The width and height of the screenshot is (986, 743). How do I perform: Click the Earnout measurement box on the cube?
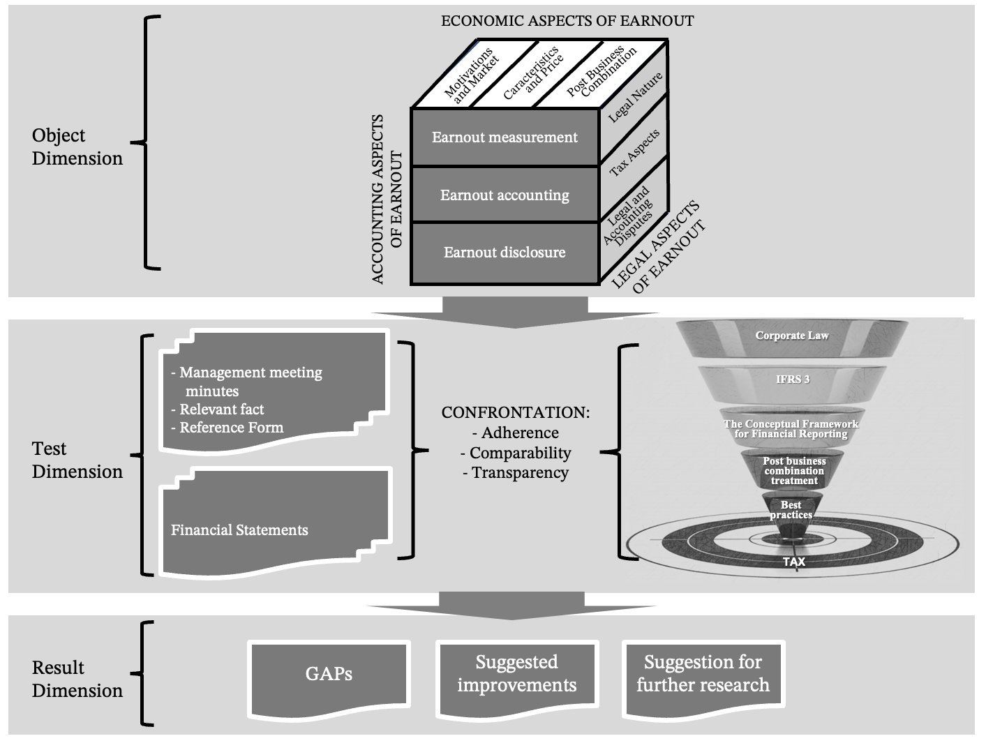pos(505,137)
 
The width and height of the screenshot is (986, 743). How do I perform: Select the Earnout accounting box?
pos(505,195)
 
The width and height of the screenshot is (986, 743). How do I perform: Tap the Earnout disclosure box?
pos(505,253)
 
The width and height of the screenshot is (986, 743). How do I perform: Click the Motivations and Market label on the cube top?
pos(472,75)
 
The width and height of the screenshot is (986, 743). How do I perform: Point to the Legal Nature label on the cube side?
pos(634,98)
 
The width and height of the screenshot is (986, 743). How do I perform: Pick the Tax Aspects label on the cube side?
pos(634,153)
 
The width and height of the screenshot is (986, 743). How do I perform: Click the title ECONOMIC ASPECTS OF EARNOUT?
pos(567,21)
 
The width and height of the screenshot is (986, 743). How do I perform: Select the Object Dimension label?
pos(77,147)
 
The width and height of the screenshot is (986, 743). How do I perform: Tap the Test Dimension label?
pos(77,460)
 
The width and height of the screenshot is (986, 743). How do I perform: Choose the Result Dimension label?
pos(77,679)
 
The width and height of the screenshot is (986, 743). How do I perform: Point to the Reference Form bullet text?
pos(231,428)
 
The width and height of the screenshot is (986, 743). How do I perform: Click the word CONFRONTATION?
pos(515,412)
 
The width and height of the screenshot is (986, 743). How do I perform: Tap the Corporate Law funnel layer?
pos(792,336)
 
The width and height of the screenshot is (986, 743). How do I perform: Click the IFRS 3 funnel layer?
pos(793,380)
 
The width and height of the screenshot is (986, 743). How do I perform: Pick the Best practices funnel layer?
pos(791,510)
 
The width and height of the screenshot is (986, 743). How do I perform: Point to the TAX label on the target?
pos(793,562)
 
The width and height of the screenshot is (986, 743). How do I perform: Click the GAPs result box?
pos(329,674)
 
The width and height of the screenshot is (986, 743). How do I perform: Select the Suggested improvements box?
pos(516,674)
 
